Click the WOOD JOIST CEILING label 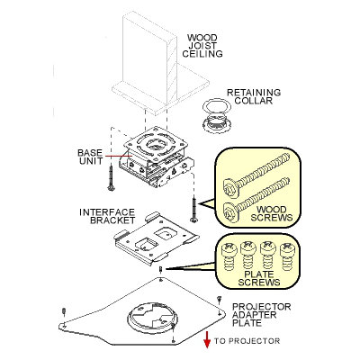(x=202, y=46)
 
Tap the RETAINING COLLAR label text (x=254, y=96)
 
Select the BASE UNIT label (x=90, y=157)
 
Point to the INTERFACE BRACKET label (x=107, y=216)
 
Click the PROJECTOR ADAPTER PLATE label (x=262, y=315)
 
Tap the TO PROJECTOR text (x=247, y=341)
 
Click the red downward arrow (x=207, y=340)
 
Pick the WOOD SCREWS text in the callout (x=272, y=213)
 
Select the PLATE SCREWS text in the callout (x=259, y=278)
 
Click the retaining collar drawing (x=217, y=115)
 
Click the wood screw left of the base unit (x=112, y=178)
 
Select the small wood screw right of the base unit (x=194, y=210)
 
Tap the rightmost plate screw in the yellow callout (x=288, y=256)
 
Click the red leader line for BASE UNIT (x=118, y=157)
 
